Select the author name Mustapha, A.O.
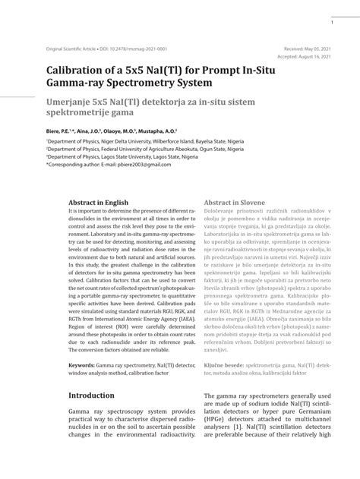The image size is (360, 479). click(157, 130)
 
